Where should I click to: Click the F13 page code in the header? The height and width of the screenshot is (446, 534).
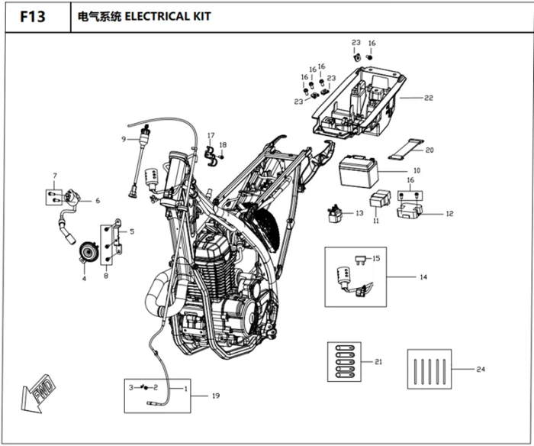click(x=33, y=16)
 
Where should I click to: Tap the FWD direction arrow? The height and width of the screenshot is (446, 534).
click(x=37, y=394)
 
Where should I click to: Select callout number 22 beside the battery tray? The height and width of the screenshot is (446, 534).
click(x=429, y=98)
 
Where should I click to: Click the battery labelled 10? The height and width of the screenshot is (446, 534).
click(x=359, y=172)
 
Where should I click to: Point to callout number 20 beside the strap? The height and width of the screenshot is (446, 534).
click(x=429, y=150)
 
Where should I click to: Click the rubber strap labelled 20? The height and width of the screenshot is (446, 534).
click(x=406, y=149)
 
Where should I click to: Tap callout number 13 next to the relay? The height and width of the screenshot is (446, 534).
click(x=359, y=213)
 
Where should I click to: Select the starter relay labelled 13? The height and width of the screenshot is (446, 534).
click(x=335, y=214)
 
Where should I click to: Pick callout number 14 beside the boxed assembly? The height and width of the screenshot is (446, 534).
click(x=423, y=277)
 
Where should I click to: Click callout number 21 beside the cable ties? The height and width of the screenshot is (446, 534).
click(x=378, y=362)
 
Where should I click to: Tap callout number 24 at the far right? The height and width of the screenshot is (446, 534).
click(x=481, y=369)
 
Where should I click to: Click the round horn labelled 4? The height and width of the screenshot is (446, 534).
click(x=88, y=252)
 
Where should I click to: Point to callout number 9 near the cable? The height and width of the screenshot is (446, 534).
click(x=124, y=139)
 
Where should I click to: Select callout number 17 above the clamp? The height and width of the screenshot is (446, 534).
click(x=211, y=135)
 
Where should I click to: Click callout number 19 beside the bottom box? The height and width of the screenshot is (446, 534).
click(x=216, y=396)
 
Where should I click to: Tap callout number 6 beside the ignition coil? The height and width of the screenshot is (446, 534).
click(x=98, y=201)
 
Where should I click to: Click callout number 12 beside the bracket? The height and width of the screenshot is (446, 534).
click(x=449, y=213)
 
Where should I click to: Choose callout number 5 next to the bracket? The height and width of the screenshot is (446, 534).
click(x=132, y=231)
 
